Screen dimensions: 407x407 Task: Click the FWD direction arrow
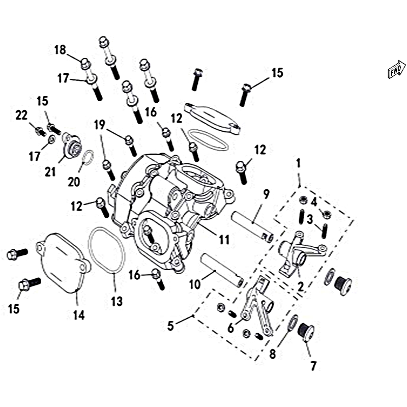coord(397,69)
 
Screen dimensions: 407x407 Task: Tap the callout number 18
coord(60,50)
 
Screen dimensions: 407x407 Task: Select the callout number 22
coord(21,115)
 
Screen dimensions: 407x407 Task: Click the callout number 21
coord(50,171)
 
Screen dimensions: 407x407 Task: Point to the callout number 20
coord(74,182)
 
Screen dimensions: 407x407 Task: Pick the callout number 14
coord(79,315)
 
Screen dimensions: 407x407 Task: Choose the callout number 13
coord(117,301)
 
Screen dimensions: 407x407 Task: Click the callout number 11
coord(224,240)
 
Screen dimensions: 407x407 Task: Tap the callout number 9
coord(266,194)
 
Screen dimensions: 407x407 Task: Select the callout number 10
coord(195,284)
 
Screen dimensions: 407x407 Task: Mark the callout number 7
coord(313,366)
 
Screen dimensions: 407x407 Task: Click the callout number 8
coord(272,354)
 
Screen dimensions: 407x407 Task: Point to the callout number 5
coord(170,326)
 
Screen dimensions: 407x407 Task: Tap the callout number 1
coord(299,163)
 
